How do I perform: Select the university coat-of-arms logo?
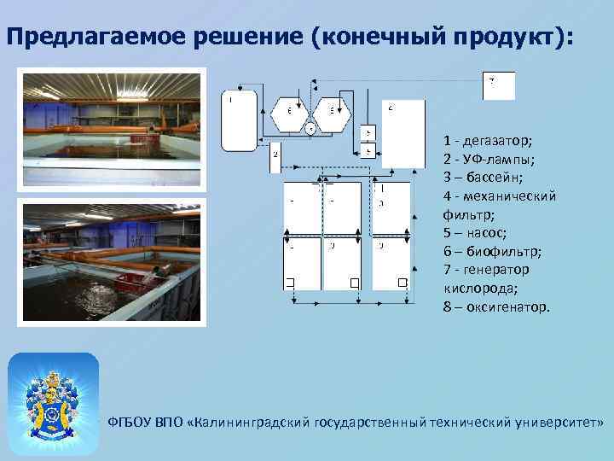[53, 397]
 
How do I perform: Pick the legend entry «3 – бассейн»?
[483, 178]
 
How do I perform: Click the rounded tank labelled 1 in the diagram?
[239, 120]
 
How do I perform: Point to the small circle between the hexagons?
[310, 129]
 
